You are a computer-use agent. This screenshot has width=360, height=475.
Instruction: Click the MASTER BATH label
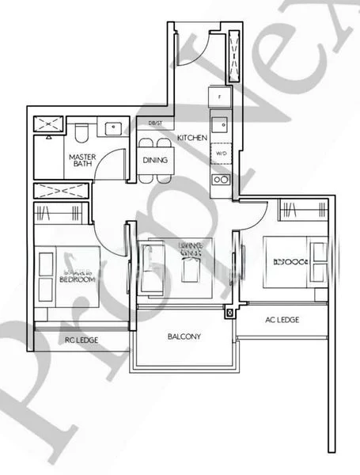81,160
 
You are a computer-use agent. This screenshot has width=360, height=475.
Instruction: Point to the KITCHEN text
191,138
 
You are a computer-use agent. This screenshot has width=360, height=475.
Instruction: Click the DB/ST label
155,123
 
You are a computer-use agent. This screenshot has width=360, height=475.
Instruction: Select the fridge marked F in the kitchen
220,97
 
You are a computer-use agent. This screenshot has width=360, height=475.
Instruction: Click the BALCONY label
184,336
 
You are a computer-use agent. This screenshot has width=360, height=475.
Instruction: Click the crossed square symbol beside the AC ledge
230,313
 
